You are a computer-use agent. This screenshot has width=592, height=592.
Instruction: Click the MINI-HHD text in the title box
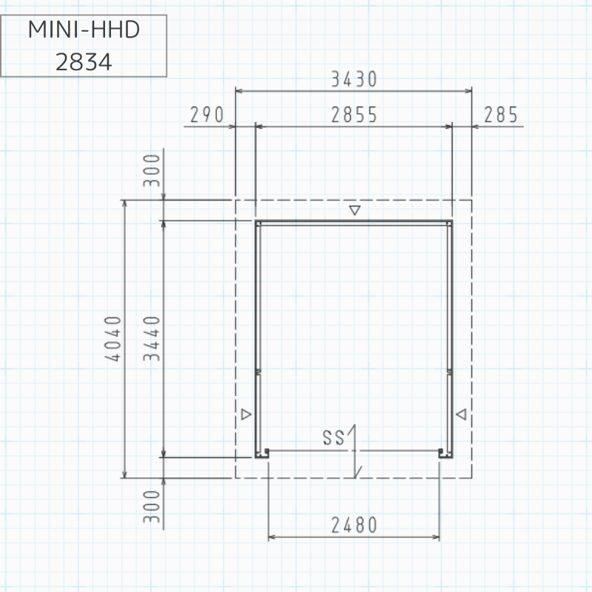click(x=84, y=30)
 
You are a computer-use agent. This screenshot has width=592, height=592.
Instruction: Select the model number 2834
click(x=84, y=62)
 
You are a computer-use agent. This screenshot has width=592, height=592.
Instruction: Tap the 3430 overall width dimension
click(x=354, y=79)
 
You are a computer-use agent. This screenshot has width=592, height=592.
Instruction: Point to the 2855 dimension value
click(x=354, y=115)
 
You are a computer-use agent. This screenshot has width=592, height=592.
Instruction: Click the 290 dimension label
click(x=207, y=115)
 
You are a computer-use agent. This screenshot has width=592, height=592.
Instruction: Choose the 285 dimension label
click(x=501, y=115)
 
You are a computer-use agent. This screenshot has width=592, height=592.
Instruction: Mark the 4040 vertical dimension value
click(x=113, y=339)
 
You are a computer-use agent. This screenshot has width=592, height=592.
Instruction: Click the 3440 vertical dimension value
click(x=152, y=339)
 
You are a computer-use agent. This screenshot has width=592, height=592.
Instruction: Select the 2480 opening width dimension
click(x=354, y=525)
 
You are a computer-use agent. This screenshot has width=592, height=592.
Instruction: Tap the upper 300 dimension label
click(x=152, y=170)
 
